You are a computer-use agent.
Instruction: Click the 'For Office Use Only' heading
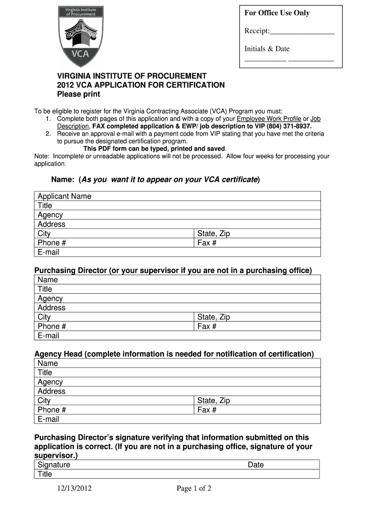tap(277, 13)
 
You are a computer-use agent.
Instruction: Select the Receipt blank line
tap(302, 32)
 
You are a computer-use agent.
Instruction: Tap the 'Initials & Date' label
tap(267, 49)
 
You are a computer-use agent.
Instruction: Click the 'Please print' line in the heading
tap(78, 94)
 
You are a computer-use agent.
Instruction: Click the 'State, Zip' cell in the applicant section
tap(214, 234)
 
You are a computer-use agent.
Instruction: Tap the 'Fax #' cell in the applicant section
tap(207, 243)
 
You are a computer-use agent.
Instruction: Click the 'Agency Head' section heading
tap(174, 354)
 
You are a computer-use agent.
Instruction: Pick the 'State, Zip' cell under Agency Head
tap(214, 401)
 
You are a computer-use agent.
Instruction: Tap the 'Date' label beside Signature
tap(255, 465)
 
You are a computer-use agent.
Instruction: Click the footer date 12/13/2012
tap(74, 488)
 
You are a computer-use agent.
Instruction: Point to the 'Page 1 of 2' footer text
tap(193, 488)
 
